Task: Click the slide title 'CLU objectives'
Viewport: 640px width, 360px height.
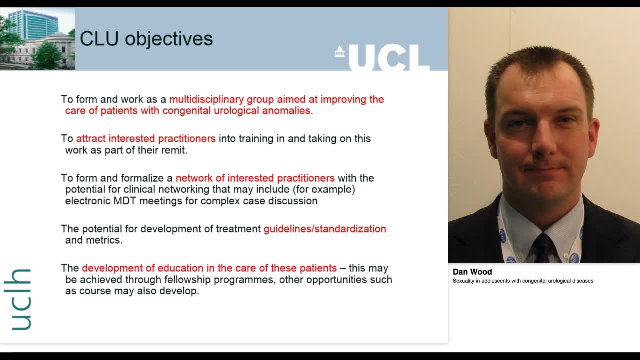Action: [x=146, y=39]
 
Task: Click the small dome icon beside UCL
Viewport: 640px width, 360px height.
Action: [x=340, y=51]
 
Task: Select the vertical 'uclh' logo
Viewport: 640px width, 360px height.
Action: [x=21, y=299]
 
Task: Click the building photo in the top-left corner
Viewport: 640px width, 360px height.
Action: [x=37, y=39]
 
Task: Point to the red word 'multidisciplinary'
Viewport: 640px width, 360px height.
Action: [x=206, y=99]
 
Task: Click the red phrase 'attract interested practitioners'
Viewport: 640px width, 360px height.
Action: [x=146, y=138]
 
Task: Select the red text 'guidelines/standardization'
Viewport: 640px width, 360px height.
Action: [x=325, y=229]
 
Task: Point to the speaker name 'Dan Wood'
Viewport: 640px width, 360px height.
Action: [x=472, y=272]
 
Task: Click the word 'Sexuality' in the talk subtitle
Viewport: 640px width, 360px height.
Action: [x=463, y=281]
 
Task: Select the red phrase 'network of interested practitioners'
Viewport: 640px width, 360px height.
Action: [x=255, y=178]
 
